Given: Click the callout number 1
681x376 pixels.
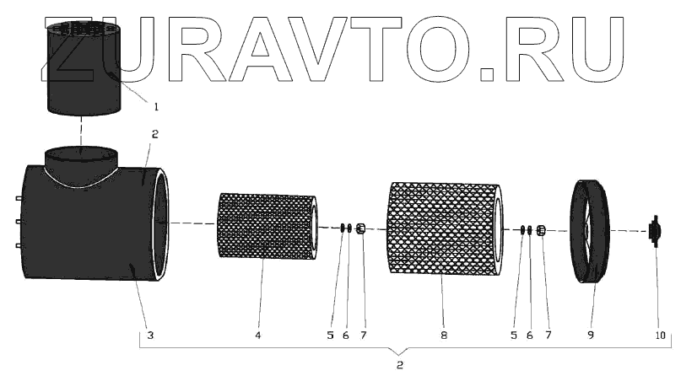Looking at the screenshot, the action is click(155, 105).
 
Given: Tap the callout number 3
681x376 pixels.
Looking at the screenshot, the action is click(149, 336).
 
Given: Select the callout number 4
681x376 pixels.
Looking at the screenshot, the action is click(258, 336).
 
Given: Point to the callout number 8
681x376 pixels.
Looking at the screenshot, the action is click(444, 336).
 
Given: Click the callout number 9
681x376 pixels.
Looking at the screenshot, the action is click(591, 336).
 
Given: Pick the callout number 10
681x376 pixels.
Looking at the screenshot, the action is click(660, 336).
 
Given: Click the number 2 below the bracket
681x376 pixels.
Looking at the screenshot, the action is click(400, 366).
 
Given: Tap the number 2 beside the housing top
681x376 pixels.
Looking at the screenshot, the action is click(154, 133).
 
